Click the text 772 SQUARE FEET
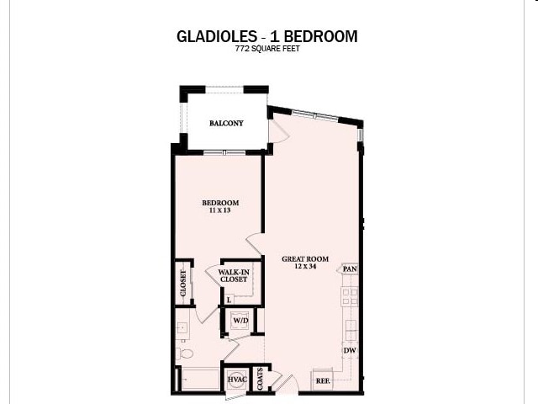267,50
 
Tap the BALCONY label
227,123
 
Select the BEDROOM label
221,203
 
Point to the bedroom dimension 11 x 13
221,211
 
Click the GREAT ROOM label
305,258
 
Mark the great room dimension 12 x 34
305,267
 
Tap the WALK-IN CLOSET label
233,275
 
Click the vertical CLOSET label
182,283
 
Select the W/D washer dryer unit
240,321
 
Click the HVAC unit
237,380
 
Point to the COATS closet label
261,378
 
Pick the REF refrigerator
322,380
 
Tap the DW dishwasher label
349,350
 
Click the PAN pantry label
350,269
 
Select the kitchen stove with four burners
350,296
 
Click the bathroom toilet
186,353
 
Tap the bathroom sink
182,328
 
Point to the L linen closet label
229,299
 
